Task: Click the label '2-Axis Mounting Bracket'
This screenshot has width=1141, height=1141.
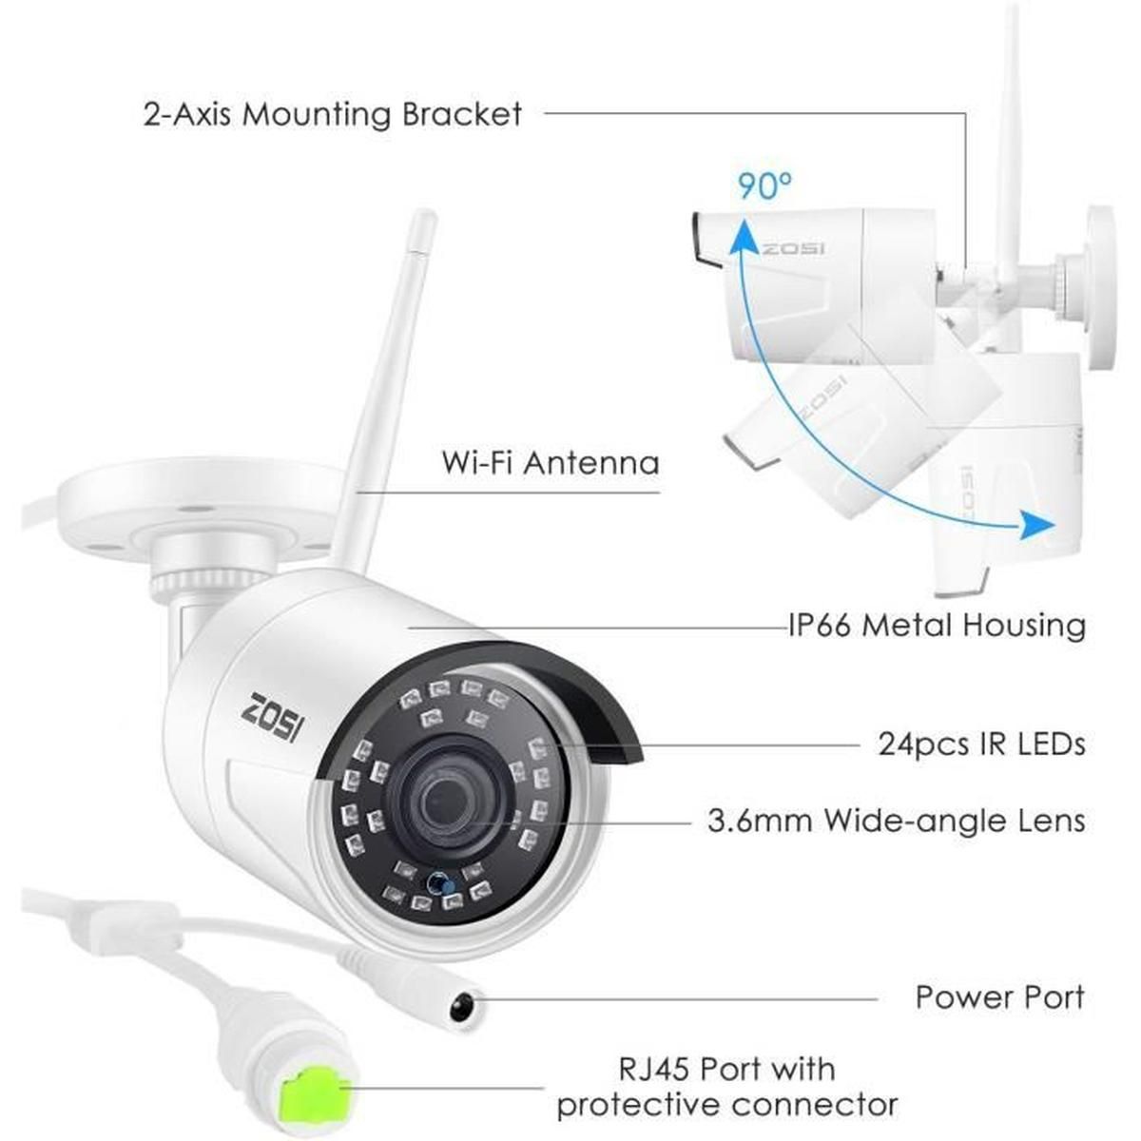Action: click(332, 114)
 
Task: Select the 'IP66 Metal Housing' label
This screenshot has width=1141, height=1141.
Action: click(937, 625)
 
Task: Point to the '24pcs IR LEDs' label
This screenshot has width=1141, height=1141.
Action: click(981, 744)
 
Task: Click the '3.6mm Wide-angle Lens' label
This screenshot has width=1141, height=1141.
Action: click(897, 821)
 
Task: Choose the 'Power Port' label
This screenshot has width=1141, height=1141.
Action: click(1000, 996)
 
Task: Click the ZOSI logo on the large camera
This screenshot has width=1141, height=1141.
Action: click(278, 718)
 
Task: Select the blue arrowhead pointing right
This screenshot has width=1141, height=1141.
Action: click(1036, 524)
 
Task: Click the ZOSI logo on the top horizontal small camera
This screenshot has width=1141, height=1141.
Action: click(792, 248)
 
